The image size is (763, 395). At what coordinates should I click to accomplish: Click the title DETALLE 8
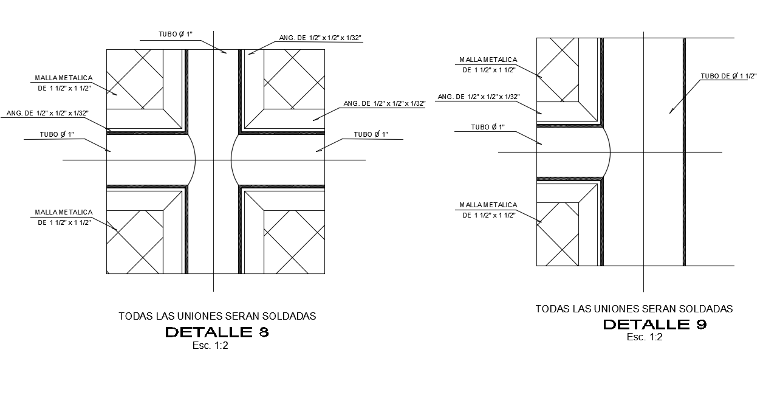217,332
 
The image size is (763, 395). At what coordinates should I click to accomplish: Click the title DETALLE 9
654,325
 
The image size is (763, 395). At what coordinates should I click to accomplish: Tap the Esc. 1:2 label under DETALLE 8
210,346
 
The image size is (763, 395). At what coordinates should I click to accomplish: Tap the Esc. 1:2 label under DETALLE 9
645,337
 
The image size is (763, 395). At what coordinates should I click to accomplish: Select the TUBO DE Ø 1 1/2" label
728,76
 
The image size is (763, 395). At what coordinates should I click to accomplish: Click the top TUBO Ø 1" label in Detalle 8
176,35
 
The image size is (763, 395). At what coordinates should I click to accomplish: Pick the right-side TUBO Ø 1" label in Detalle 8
371,134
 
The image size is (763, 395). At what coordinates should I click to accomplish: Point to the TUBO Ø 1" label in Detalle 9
488,127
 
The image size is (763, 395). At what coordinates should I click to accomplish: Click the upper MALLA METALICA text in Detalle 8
63,78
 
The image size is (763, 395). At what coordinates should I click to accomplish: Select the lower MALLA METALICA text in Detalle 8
63,212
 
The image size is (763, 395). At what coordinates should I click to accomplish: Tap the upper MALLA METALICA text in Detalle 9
488,60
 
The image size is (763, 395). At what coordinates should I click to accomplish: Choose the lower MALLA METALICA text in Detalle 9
488,205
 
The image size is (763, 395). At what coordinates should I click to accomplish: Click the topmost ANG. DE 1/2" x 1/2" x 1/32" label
320,38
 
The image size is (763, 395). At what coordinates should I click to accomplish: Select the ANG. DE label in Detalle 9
478,97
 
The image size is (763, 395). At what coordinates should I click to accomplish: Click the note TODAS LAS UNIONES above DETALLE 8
217,316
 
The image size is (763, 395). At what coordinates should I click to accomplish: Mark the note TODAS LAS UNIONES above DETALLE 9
634,309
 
